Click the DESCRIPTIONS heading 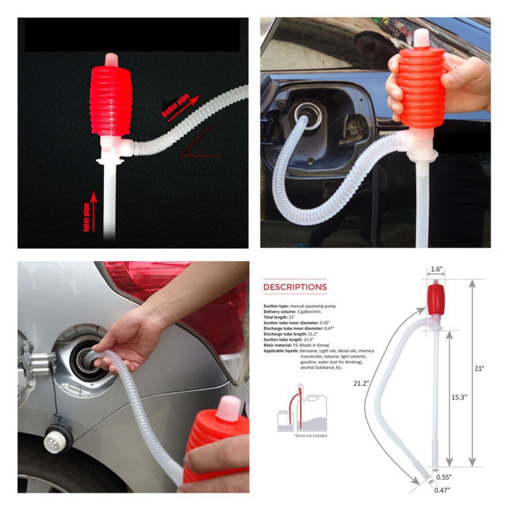(295, 287)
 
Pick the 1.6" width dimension (436, 270)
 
